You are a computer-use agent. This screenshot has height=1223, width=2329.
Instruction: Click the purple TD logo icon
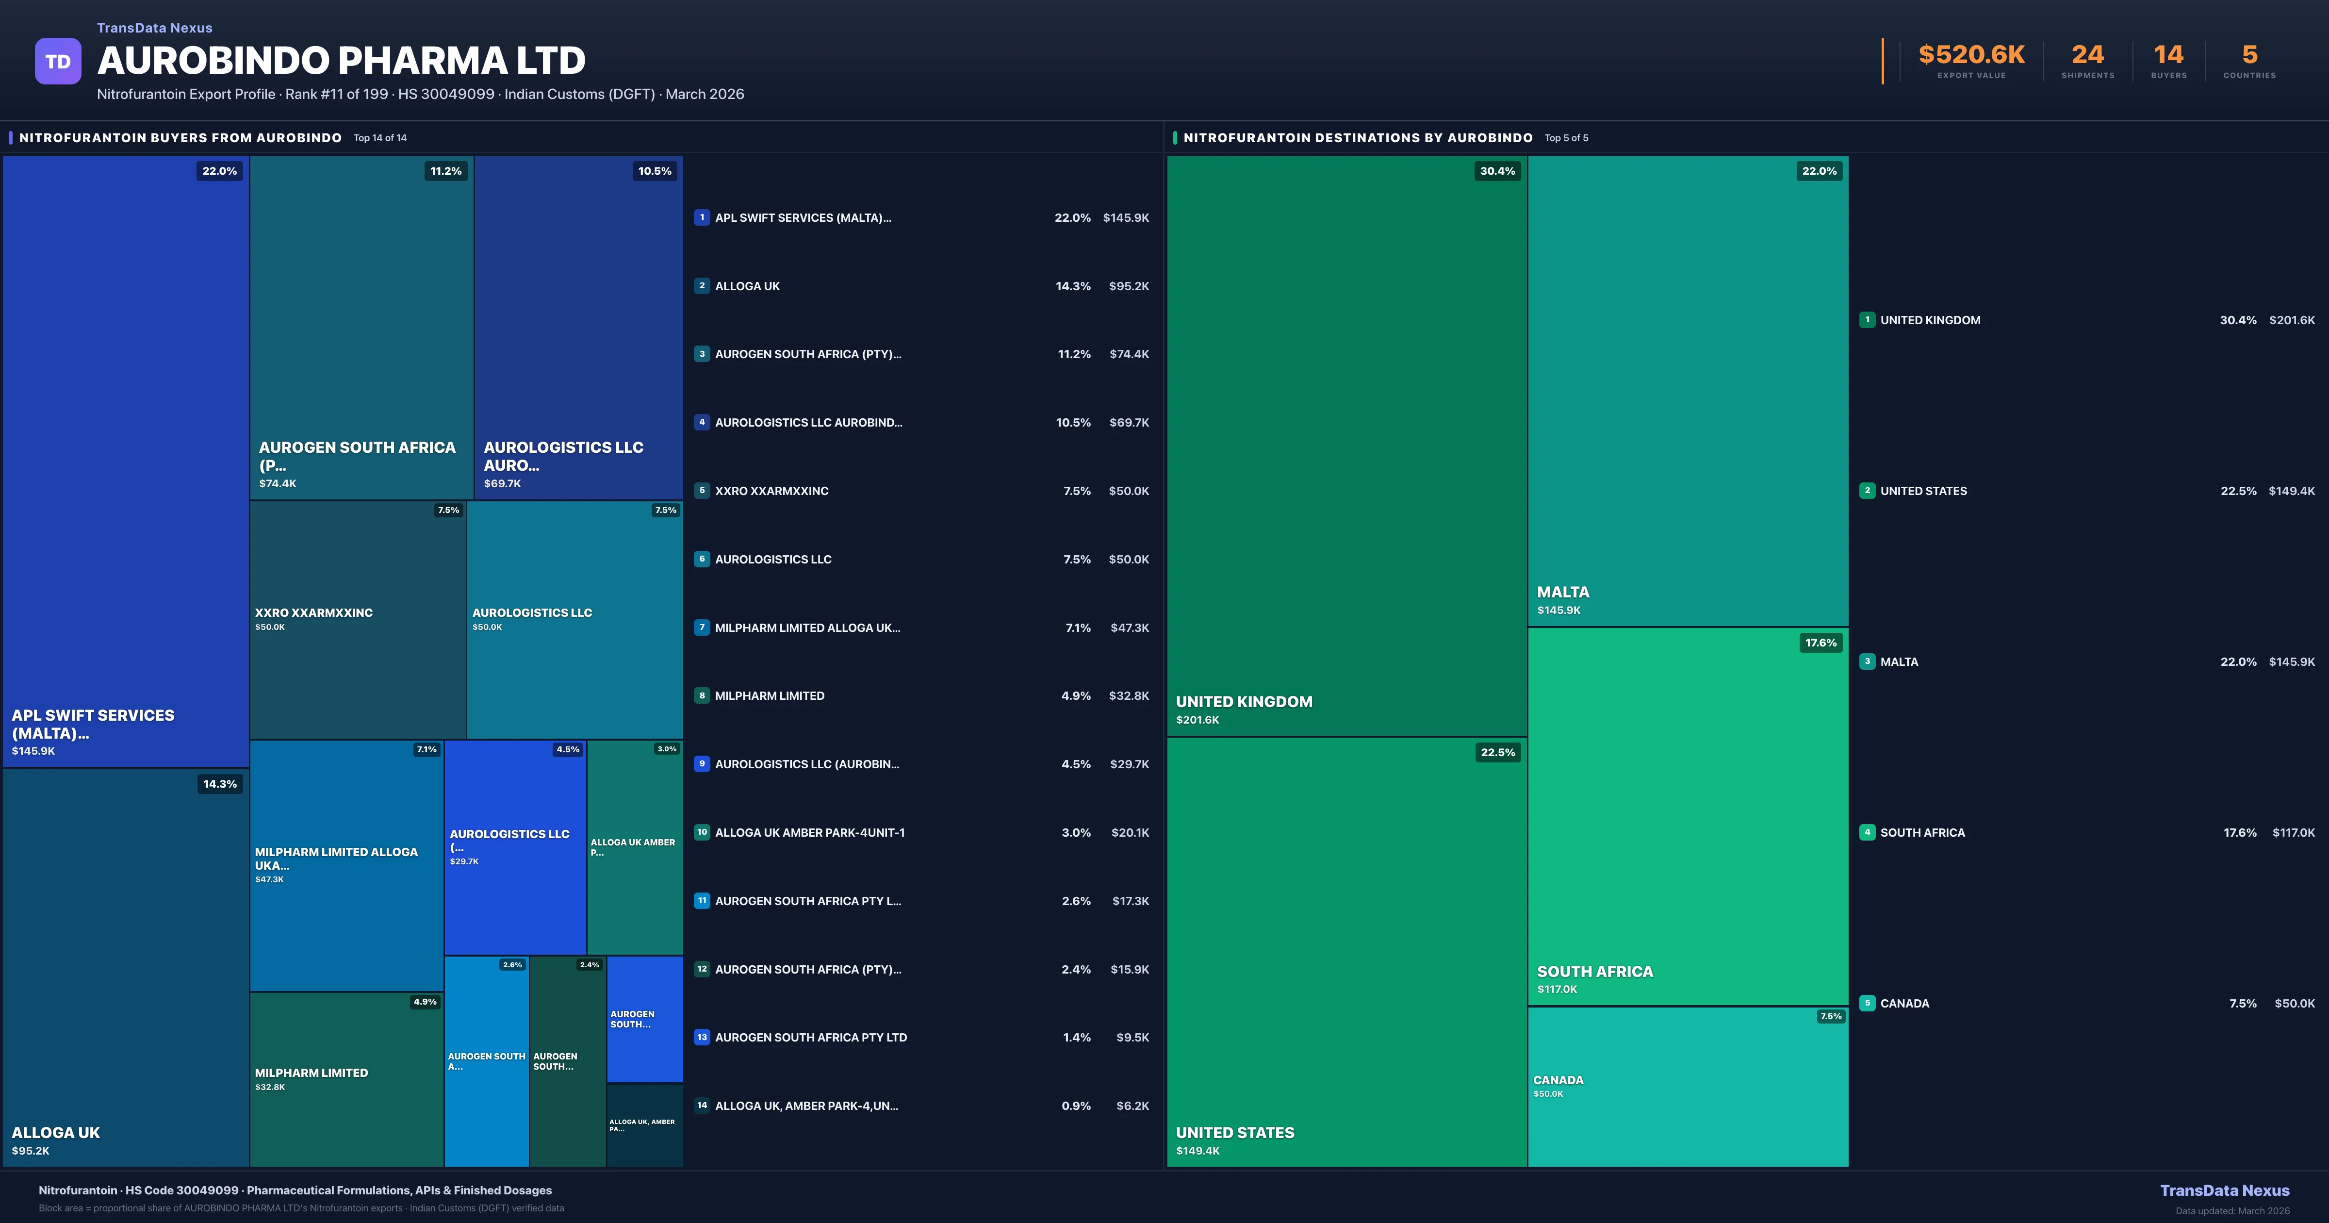pyautogui.click(x=58, y=62)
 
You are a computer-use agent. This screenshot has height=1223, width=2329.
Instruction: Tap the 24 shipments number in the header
pyautogui.click(x=2087, y=55)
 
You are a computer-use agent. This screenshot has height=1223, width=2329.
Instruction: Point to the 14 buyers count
pyautogui.click(x=2168, y=55)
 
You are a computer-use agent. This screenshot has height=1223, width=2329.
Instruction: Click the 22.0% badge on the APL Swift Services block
pyautogui.click(x=219, y=171)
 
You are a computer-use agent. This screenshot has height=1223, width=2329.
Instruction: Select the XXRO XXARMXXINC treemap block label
pyautogui.click(x=314, y=612)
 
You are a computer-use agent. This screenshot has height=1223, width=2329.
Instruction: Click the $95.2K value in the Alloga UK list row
pyautogui.click(x=1128, y=286)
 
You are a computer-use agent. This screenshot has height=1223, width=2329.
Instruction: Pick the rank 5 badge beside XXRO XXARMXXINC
pyautogui.click(x=702, y=490)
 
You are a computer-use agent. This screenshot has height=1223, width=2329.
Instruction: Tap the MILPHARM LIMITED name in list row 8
pyautogui.click(x=770, y=695)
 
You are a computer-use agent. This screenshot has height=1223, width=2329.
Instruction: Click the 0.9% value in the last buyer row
pyautogui.click(x=1076, y=1106)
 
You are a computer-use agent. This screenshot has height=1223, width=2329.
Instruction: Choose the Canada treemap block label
pyautogui.click(x=1558, y=1080)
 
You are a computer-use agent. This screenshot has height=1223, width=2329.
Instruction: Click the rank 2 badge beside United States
pyautogui.click(x=1867, y=490)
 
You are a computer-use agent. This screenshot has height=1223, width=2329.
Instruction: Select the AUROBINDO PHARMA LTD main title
pyautogui.click(x=341, y=61)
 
